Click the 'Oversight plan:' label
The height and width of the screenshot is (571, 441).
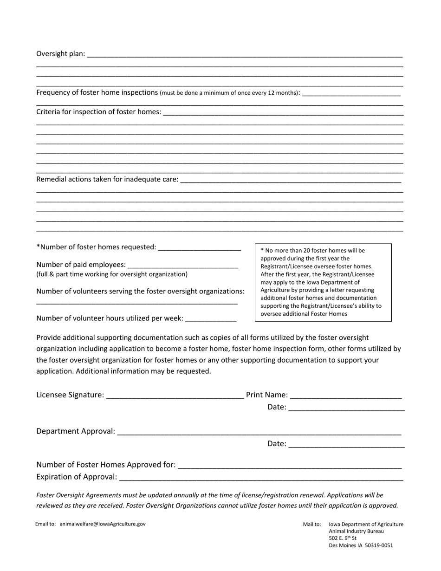(61, 54)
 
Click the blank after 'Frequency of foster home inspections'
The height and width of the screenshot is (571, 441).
(351, 93)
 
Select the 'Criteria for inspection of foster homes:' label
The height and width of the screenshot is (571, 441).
(99, 112)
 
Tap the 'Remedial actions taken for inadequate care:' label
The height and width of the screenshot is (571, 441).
(107, 179)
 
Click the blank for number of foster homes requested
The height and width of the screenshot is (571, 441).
(200, 248)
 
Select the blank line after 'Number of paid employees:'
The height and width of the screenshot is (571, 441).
(182, 266)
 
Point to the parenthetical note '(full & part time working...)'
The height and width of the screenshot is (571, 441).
(112, 274)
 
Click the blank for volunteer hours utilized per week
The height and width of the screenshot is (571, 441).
(211, 319)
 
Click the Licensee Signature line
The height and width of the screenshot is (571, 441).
(175, 396)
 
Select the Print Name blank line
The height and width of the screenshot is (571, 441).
(345, 396)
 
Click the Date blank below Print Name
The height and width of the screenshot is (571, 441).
(346, 408)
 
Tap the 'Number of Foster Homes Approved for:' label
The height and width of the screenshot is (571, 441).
(106, 465)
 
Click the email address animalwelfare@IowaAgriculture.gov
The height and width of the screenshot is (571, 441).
(103, 524)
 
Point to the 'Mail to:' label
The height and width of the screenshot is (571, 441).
(312, 525)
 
